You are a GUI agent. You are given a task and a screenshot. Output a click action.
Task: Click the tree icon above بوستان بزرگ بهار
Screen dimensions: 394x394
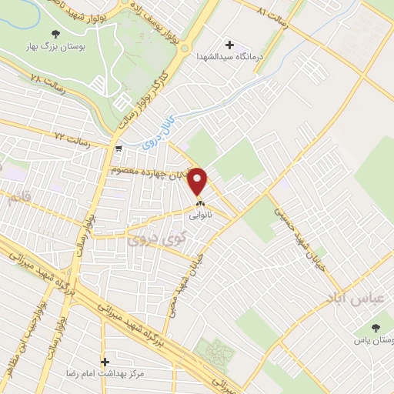pyautogui.click(x=55, y=33)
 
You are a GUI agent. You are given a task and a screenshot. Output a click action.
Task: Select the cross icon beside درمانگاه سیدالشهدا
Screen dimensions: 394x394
pyautogui.click(x=229, y=44)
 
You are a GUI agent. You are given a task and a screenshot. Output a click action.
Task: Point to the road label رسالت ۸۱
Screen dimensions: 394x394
pyautogui.click(x=275, y=17)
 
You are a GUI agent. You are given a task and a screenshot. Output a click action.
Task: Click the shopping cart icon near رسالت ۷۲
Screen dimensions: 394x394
pyautogui.click(x=118, y=148)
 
